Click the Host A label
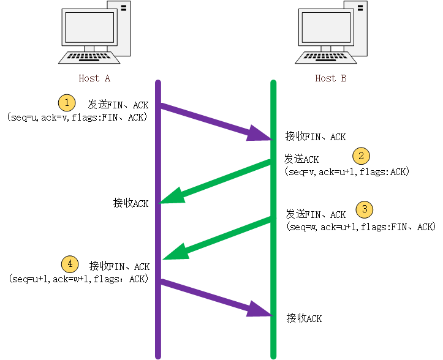click(x=94, y=78)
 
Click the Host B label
click(x=331, y=78)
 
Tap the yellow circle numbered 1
click(x=67, y=102)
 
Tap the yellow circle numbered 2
click(x=361, y=156)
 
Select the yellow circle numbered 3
click(x=365, y=209)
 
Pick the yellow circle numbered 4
click(x=70, y=264)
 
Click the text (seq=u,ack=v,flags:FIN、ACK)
click(x=77, y=117)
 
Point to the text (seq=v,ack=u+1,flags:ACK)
click(x=347, y=171)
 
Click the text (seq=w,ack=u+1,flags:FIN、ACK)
click(x=361, y=227)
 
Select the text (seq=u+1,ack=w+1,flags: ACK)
click(x=78, y=279)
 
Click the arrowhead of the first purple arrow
click(x=259, y=134)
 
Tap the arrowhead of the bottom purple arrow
click(x=259, y=309)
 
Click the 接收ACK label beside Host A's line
click(x=131, y=203)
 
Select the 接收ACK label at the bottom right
click(x=305, y=318)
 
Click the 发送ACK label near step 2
click(x=301, y=159)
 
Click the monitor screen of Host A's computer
click(x=89, y=27)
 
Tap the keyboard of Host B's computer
click(x=326, y=58)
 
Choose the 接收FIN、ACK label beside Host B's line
click(x=316, y=137)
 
